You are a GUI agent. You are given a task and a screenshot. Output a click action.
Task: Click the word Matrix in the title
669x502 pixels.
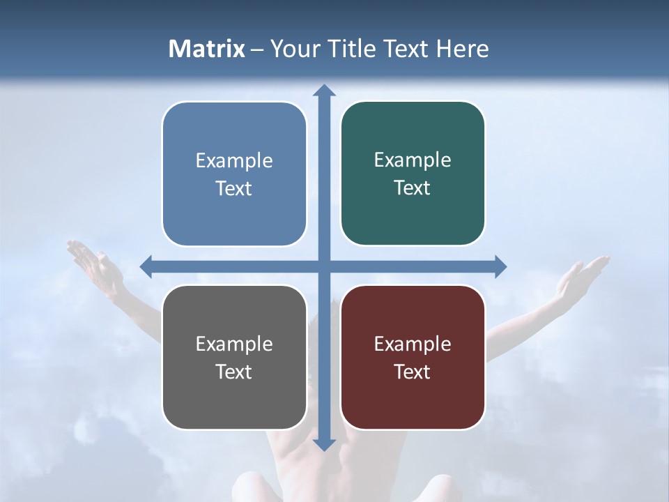point(207,49)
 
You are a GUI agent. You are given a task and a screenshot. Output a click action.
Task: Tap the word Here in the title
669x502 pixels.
point(463,49)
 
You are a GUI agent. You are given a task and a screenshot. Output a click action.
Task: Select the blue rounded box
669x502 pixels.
point(234,174)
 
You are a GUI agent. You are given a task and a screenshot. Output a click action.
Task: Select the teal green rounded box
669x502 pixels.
point(413,174)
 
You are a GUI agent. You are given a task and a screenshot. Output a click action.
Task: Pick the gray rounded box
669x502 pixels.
point(234,357)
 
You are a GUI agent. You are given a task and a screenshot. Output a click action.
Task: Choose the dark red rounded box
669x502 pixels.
point(413,357)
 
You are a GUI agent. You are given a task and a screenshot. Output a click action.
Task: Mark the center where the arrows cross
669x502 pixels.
point(324,266)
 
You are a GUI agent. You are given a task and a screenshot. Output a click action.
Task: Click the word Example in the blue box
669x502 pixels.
point(234,161)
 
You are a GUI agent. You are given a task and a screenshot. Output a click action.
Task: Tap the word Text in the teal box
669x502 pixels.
point(413,188)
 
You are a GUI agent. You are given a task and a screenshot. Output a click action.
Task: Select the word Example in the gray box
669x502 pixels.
point(234,344)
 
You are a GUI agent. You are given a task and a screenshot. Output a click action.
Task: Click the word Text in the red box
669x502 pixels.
point(413,372)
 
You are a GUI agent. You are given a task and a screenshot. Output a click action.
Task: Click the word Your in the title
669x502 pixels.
point(289,49)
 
